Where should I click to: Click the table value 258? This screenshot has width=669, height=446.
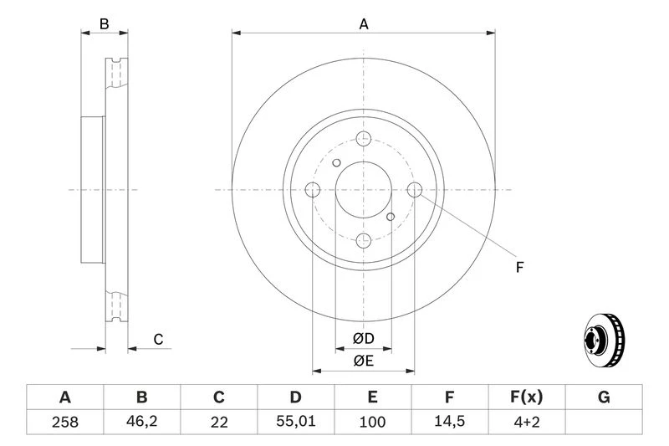pos(64,423)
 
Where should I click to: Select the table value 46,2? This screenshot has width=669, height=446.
pos(142,423)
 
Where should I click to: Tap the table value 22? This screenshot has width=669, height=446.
pos(219,423)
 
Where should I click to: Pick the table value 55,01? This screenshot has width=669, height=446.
pos(296,423)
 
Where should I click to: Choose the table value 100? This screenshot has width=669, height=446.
pos(373,423)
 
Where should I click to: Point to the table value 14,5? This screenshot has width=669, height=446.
pos(450,423)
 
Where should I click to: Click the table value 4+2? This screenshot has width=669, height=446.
pos(527,423)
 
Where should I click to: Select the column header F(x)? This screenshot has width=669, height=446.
pos(527,397)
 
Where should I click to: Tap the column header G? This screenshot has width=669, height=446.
pos(604,397)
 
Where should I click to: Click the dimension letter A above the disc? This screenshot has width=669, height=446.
pos(364,24)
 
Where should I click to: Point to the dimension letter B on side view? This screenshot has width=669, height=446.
pos(105,24)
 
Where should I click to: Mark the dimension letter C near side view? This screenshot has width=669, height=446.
pos(157,339)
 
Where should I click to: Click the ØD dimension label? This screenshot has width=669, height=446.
pos(363,338)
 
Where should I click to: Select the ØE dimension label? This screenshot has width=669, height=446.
pos(363,361)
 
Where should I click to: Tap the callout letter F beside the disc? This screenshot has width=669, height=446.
pos(519,268)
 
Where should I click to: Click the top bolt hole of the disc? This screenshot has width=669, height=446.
pos(364,139)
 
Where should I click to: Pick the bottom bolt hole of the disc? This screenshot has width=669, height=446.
pos(364,242)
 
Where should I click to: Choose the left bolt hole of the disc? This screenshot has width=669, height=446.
pos(312,190)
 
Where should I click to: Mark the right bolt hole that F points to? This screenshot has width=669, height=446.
pos(416,190)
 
